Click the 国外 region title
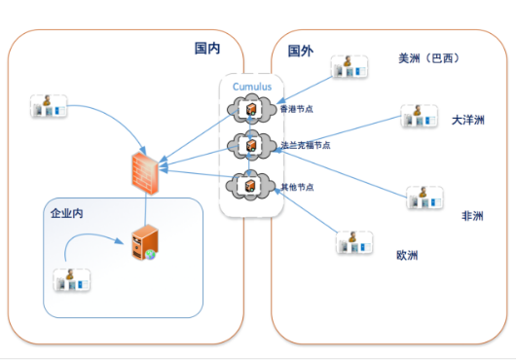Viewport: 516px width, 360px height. click(300, 50)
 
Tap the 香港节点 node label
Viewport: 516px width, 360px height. click(296, 109)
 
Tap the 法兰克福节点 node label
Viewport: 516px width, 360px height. click(305, 145)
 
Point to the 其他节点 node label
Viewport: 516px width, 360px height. click(297, 186)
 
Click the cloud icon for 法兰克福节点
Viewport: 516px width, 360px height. click(249, 146)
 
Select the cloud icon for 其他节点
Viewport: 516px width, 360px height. click(249, 184)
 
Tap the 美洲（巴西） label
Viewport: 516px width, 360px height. click(428, 58)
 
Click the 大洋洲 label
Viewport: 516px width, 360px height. click(468, 120)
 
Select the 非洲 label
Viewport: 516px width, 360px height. click(473, 216)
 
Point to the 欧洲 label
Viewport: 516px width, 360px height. click(407, 256)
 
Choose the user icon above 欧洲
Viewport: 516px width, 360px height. click(354, 241)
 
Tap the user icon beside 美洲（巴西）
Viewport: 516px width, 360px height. click(349, 66)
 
